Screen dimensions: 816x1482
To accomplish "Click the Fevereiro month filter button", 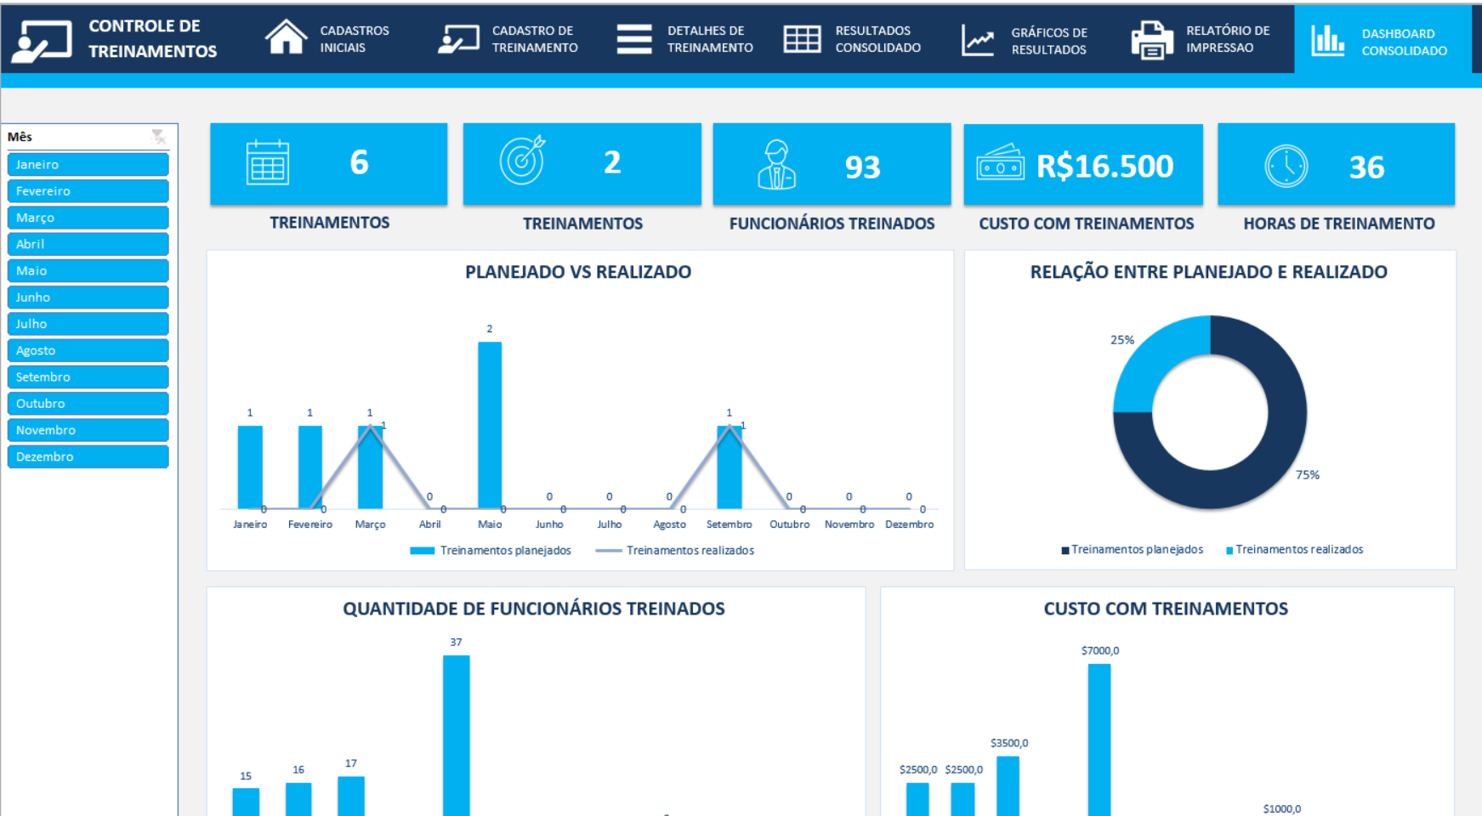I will tap(88, 191).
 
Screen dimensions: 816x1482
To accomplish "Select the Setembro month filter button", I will tap(88, 377).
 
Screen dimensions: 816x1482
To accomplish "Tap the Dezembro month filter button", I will tap(88, 456).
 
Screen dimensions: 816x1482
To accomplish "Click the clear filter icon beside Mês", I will tap(158, 136).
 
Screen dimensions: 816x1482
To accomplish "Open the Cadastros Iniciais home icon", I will tap(286, 38).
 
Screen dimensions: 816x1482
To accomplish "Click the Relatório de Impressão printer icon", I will tap(1151, 40).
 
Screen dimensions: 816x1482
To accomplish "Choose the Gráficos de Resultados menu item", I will tap(1025, 41).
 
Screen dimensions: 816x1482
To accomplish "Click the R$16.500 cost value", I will tap(1104, 166).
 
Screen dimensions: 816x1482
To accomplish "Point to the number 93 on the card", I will tap(862, 167).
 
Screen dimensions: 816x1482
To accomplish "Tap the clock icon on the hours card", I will tap(1286, 166).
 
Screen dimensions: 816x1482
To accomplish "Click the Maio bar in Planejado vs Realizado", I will tap(490, 425).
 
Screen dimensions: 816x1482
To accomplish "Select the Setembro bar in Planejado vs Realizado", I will tap(729, 467).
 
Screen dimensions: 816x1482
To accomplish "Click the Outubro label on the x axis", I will tap(789, 524).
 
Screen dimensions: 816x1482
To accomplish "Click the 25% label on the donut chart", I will tap(1121, 340).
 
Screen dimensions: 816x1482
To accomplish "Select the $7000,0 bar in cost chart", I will tap(1099, 739).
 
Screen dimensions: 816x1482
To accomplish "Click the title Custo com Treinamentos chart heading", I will tap(1166, 609).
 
